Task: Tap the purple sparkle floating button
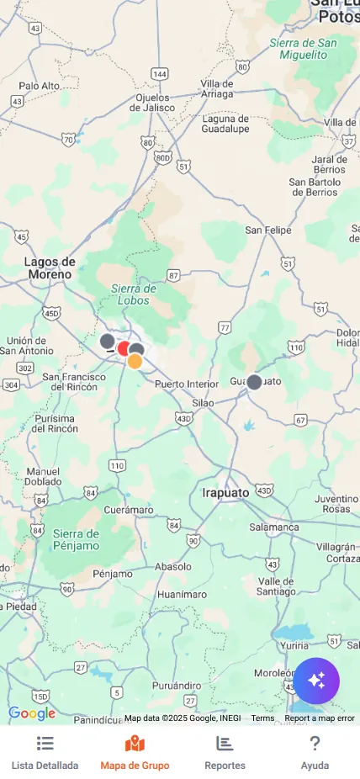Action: click(x=316, y=681)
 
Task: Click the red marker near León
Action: click(x=124, y=348)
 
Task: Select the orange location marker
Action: click(x=135, y=362)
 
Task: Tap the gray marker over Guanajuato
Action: click(x=254, y=382)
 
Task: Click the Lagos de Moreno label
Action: click(x=50, y=268)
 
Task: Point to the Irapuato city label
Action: click(x=225, y=492)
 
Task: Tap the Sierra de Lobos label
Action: click(x=135, y=294)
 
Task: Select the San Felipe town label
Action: click(x=268, y=230)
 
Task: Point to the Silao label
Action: click(x=203, y=403)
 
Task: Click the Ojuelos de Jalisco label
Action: click(x=156, y=102)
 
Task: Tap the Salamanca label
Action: click(x=273, y=527)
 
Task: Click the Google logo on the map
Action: click(x=32, y=713)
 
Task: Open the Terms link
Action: click(x=262, y=718)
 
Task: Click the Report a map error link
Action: click(x=320, y=718)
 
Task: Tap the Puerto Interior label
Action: click(x=187, y=384)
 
